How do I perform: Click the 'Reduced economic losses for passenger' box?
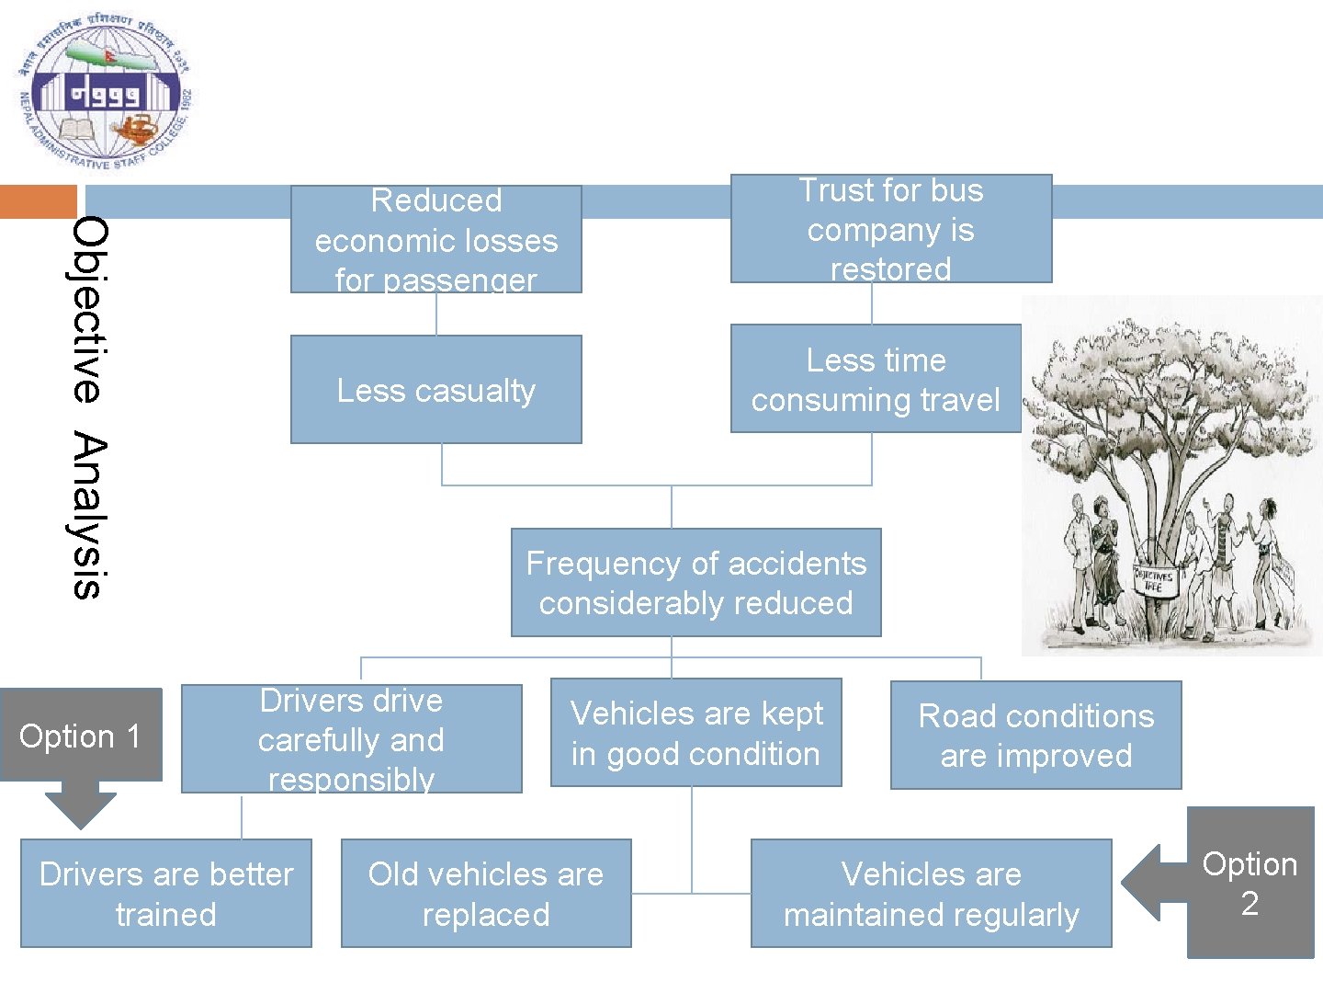[x=436, y=239]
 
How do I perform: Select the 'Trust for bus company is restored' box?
[x=890, y=228]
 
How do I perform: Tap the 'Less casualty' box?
[x=436, y=390]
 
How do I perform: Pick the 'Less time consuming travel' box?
[x=876, y=379]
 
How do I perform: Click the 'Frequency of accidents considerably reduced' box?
[x=695, y=582]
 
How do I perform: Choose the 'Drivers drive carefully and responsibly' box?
[x=351, y=738]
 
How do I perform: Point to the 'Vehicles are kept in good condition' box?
[x=695, y=733]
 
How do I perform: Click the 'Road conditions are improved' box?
[x=1035, y=736]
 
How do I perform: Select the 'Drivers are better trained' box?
[x=166, y=893]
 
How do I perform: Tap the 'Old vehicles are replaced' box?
[x=486, y=893]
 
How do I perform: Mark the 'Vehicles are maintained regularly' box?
[x=931, y=893]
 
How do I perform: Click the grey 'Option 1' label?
[x=81, y=736]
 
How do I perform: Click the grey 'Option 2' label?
[x=1249, y=883]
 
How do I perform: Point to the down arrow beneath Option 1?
[x=81, y=806]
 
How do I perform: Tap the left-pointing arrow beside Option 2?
[x=1152, y=883]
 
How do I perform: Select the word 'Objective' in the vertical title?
[x=89, y=309]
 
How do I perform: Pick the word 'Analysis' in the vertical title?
[x=89, y=517]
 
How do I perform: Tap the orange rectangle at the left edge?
[x=38, y=201]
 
